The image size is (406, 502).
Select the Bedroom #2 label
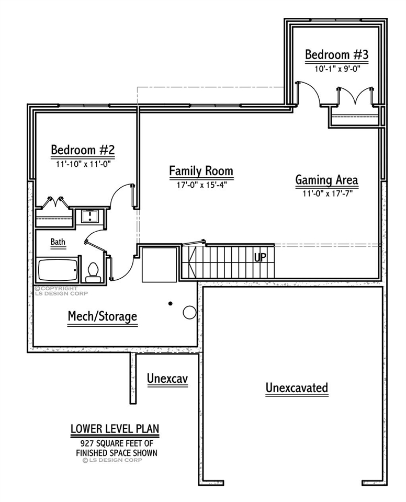83,150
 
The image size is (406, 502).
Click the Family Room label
201,171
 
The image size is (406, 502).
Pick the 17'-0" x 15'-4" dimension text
201,184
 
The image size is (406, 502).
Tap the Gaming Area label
326,180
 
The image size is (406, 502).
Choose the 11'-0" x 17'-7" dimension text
326,193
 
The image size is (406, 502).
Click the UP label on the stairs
260,257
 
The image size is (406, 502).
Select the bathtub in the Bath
58,269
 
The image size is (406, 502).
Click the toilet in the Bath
93,271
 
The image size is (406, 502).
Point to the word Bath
58,242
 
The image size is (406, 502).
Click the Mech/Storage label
103,316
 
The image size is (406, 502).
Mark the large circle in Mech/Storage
189,312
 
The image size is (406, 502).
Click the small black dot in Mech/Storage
170,303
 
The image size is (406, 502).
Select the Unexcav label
167,378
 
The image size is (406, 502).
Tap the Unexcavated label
297,388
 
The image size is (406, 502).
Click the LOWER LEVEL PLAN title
115,429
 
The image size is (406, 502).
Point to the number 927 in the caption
81,443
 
